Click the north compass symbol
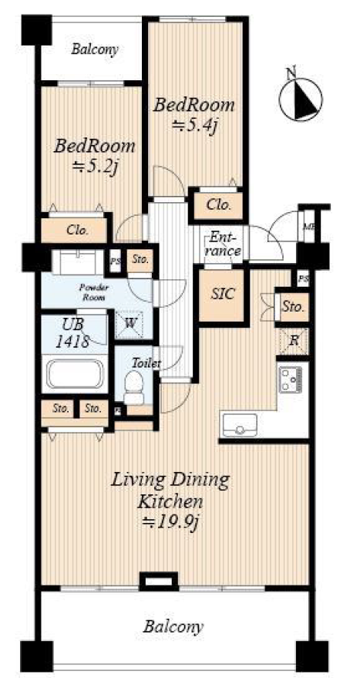301,98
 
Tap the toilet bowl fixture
133,387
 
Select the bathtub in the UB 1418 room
75,373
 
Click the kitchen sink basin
240,424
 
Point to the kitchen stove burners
291,379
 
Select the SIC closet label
223,294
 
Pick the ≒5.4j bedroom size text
194,126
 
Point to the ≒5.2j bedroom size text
95,167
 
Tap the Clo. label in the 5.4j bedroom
217,205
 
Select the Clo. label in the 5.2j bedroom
78,230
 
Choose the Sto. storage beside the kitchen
294,308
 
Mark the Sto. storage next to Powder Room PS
140,260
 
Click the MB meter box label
308,227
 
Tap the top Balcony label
95,50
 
